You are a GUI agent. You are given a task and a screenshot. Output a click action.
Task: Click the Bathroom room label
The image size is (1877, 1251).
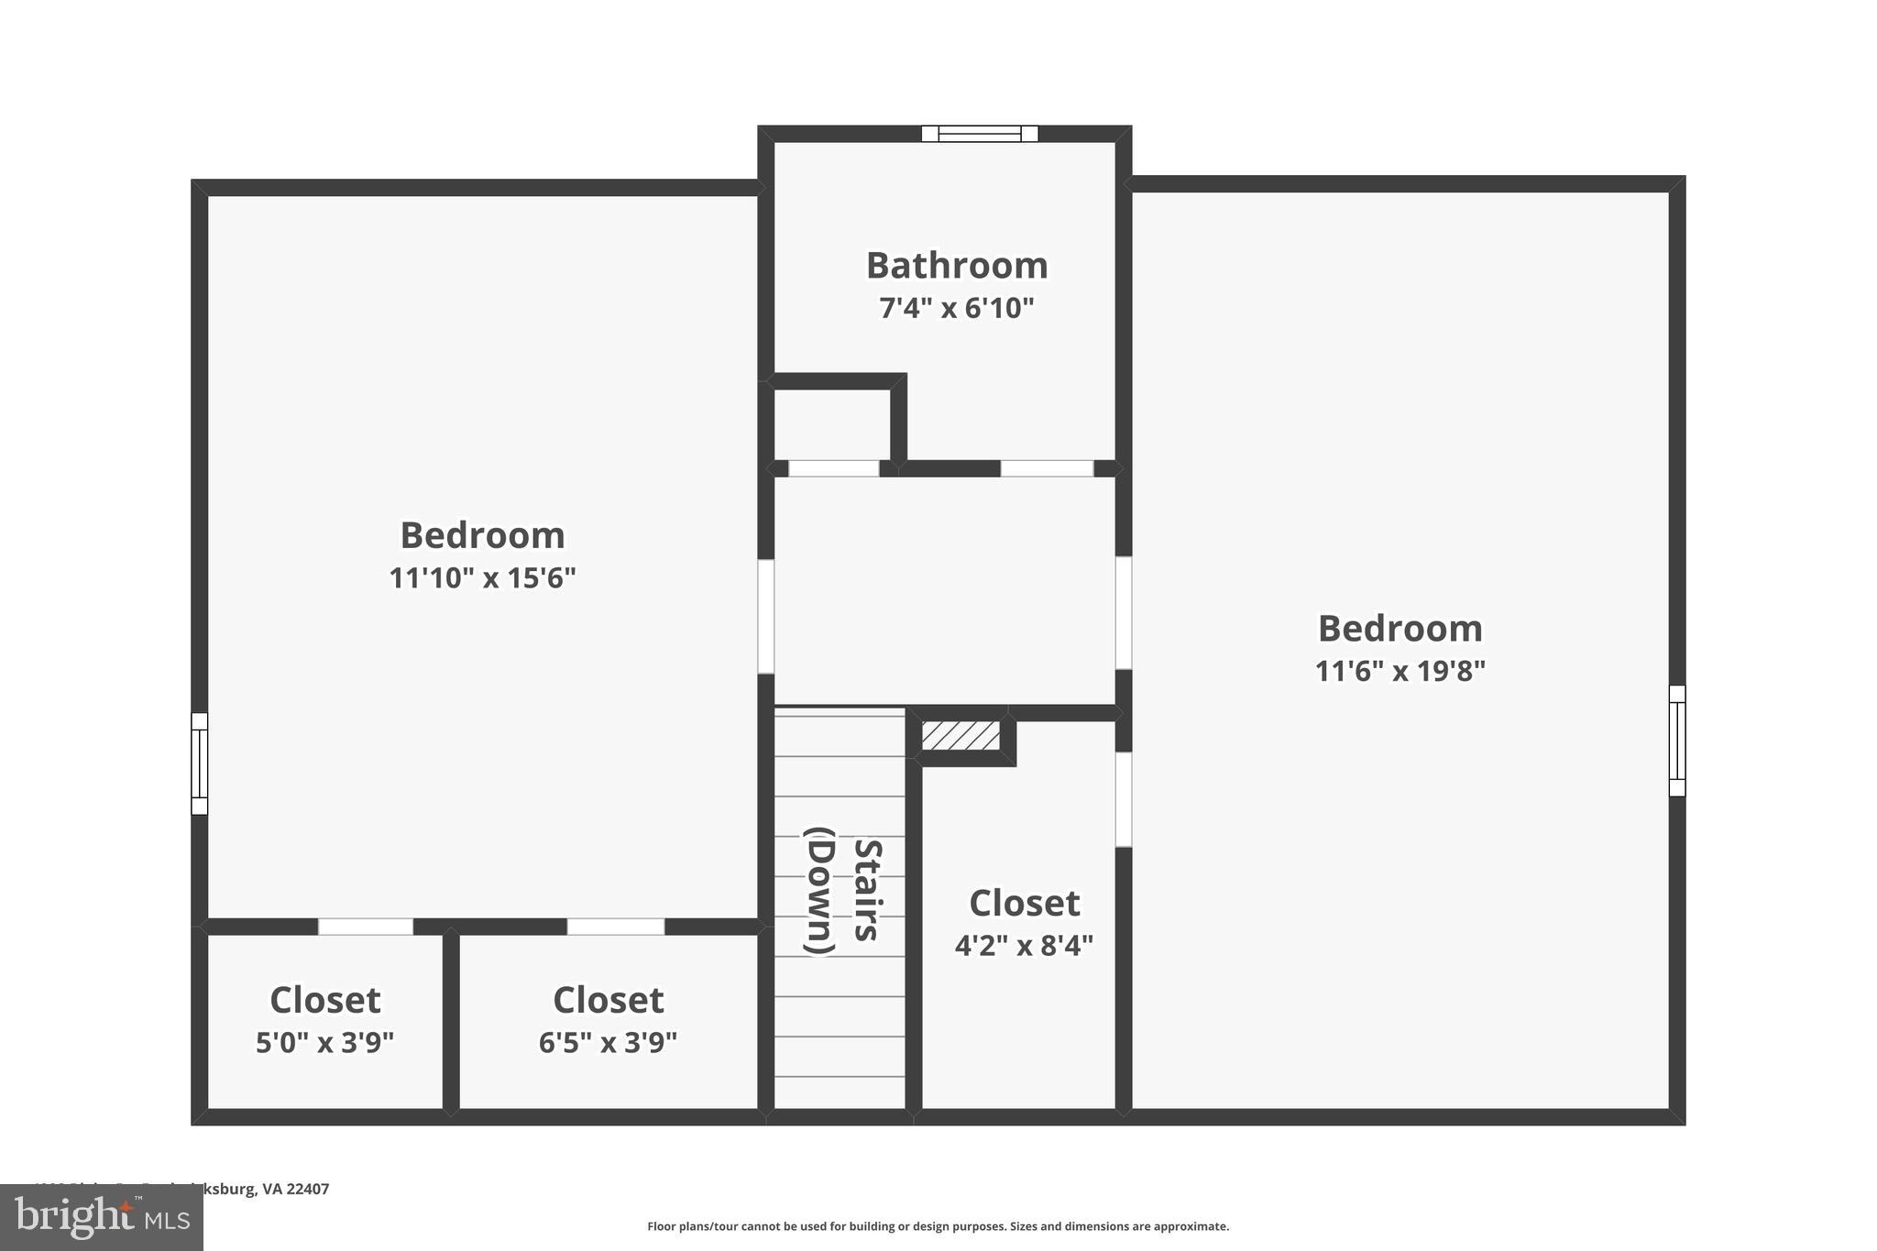coord(957,266)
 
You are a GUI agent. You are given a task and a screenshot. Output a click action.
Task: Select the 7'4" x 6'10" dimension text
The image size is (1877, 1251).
coord(957,309)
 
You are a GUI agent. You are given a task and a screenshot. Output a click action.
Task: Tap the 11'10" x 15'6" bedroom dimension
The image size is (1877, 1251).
coord(482,578)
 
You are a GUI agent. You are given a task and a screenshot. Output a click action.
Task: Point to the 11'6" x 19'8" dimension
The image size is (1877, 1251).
coord(1400,672)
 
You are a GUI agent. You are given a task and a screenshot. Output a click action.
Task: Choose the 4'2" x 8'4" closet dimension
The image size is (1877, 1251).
coord(1024,945)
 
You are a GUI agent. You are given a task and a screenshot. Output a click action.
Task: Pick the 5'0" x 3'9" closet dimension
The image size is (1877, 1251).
coord(324,1043)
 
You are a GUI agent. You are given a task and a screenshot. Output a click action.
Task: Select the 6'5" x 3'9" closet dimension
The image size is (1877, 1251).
coord(608,1043)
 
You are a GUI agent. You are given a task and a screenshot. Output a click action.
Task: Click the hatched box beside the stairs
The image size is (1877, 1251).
coord(960,736)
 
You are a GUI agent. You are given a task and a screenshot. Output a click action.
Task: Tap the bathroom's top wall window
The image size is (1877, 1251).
coord(980,134)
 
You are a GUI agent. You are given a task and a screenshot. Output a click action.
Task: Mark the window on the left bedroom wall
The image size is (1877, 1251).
coord(200,763)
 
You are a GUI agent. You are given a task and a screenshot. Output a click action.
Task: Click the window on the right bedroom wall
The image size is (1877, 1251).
coord(1676,741)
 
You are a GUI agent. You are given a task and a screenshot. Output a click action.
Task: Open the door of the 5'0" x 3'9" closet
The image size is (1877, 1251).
coord(366,927)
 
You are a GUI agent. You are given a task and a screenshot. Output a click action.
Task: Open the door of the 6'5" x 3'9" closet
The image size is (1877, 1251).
coord(616,927)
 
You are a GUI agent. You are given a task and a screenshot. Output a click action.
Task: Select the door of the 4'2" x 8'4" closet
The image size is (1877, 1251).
coord(1123,799)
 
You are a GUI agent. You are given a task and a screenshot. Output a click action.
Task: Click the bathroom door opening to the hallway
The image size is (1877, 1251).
coord(1047,468)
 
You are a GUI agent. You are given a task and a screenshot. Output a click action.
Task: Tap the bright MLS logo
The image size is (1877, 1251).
coord(102,1218)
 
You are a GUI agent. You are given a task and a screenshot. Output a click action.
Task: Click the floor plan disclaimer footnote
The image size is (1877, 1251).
coord(938,1226)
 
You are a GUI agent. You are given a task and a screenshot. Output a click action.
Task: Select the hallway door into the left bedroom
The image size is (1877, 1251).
coord(766,616)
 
